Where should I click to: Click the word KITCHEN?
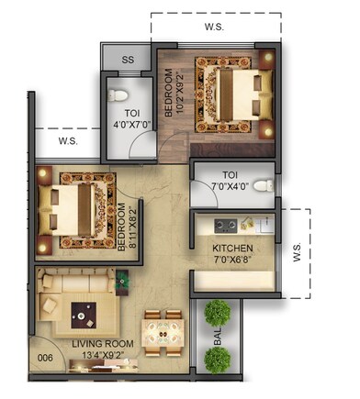click(233, 249)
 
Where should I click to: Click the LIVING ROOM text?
click(104, 345)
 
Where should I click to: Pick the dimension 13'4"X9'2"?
click(104, 357)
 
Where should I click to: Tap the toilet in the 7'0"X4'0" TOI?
click(264, 185)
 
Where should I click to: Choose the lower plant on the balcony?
click(218, 359)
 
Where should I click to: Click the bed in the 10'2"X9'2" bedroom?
click(230, 91)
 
